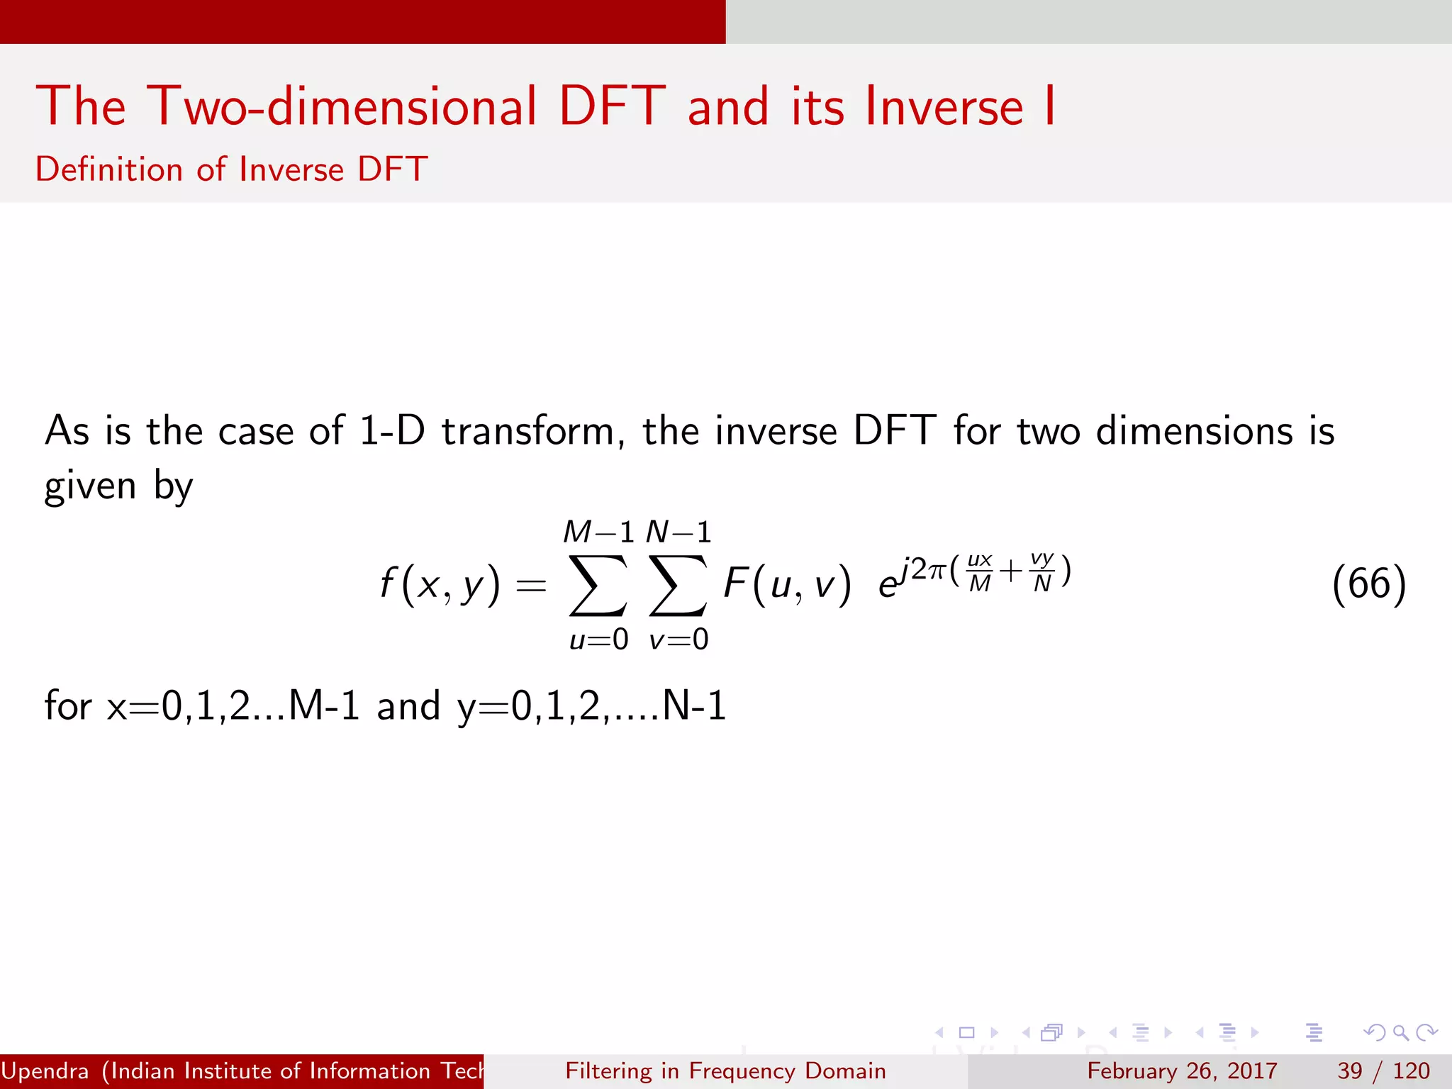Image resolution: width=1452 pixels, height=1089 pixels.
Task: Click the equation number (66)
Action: [1368, 584]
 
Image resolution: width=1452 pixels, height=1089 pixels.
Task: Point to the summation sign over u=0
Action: [598, 586]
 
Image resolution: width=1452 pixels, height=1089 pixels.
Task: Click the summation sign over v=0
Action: [678, 586]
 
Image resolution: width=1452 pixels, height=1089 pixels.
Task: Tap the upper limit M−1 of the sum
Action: [598, 532]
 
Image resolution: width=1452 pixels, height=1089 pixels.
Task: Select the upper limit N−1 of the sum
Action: [678, 532]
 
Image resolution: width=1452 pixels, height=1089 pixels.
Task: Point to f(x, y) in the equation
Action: [440, 586]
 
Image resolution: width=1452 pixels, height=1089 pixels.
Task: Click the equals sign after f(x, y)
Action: [531, 586]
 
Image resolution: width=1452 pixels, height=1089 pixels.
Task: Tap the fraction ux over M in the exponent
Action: [980, 571]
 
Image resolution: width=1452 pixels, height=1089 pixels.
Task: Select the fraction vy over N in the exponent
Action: [1042, 571]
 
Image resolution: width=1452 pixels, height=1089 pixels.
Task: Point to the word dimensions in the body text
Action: [1195, 431]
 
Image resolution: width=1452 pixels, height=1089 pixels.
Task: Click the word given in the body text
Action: [90, 486]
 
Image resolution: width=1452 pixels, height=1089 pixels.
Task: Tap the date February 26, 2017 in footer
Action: [1182, 1071]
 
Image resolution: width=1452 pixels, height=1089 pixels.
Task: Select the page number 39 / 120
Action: [1383, 1071]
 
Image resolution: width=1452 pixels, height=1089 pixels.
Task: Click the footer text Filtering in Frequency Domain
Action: [725, 1071]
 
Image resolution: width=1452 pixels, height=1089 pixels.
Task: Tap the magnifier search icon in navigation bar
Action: [1400, 1032]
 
